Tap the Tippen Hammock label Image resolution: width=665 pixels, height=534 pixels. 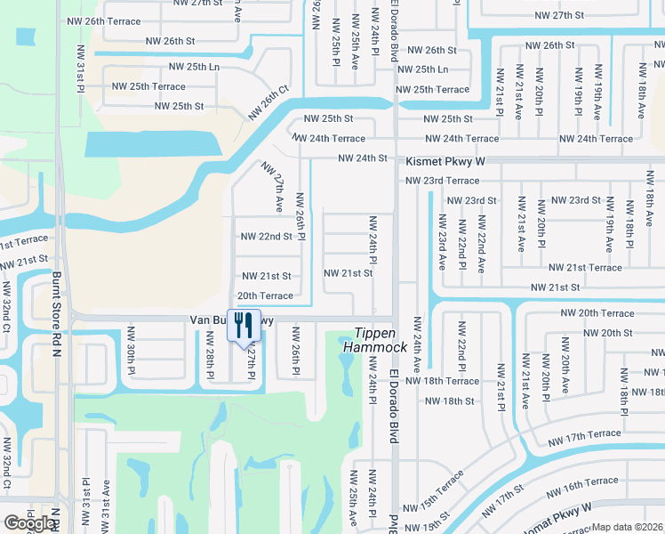[375, 338]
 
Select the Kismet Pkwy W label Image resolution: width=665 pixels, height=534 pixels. [445, 161]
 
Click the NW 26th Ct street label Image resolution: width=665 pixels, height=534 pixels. [269, 102]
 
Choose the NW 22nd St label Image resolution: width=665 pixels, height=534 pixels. [267, 236]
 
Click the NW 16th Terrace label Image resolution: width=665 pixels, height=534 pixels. [584, 483]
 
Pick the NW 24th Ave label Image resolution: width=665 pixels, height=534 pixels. [415, 347]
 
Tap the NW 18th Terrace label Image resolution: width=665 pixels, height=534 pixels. [453, 381]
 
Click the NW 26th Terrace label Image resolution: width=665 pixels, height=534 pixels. [103, 20]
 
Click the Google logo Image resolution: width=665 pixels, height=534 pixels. [28, 523]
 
